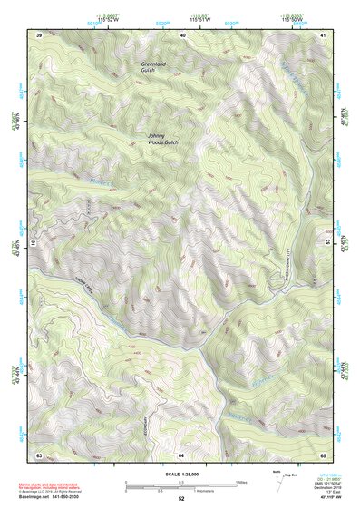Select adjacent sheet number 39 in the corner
pos(39,34)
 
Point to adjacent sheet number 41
pos(324,34)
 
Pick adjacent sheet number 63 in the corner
pos(39,453)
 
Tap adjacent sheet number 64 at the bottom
pos(181,453)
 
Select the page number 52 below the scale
pos(181,499)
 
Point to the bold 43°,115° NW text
pos(323,499)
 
